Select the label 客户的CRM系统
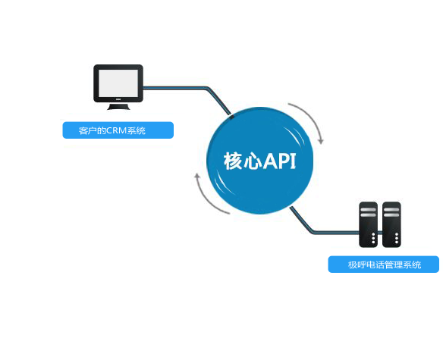[118, 131]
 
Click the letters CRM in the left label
[116, 131]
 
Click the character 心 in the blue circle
[253, 161]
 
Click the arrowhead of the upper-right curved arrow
[322, 139]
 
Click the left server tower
[369, 224]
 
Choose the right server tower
[391, 224]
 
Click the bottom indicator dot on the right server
[391, 242]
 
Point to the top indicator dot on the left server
[369, 230]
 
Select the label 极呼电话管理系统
[384, 265]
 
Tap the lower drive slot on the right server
[391, 215]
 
